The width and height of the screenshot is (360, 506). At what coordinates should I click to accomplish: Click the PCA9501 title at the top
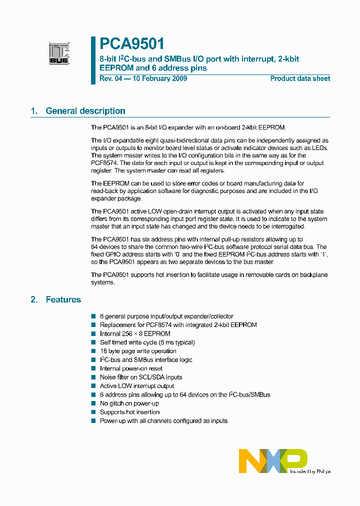[132, 44]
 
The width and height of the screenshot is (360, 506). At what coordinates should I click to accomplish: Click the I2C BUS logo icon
[59, 53]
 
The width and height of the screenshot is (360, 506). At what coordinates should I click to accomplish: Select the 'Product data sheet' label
[300, 78]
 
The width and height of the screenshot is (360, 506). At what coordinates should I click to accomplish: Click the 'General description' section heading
[85, 111]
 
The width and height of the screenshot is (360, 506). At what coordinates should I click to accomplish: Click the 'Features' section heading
[63, 299]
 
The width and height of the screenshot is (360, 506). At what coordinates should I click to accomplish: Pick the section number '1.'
[34, 111]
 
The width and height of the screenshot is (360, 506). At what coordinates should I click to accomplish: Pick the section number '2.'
[34, 299]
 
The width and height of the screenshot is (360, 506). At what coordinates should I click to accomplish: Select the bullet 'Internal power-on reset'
[131, 368]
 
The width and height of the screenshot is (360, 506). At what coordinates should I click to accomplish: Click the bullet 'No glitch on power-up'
[129, 403]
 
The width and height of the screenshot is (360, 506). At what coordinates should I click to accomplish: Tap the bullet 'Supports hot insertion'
[129, 412]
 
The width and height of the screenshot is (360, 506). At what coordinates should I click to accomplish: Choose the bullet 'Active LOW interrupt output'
[137, 386]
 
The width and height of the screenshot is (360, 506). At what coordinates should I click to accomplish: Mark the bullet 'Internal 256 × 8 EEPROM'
[135, 333]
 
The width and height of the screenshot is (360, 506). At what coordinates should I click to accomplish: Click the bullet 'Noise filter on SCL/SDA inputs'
[141, 377]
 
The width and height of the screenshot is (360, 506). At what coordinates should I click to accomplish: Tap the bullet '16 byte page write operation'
[138, 351]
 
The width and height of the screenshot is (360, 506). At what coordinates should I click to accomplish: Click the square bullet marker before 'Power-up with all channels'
[93, 421]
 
